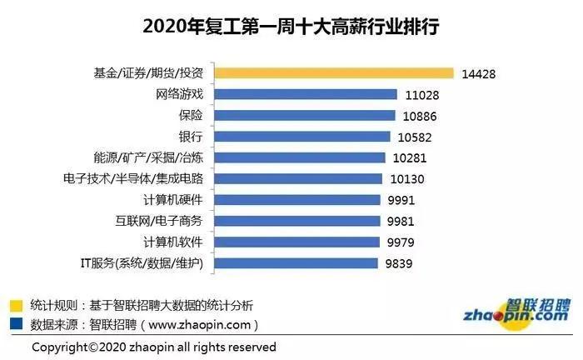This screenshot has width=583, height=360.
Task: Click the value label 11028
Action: pyautogui.click(x=421, y=94)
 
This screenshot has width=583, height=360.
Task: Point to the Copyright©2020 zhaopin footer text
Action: pyautogui.click(x=154, y=346)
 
